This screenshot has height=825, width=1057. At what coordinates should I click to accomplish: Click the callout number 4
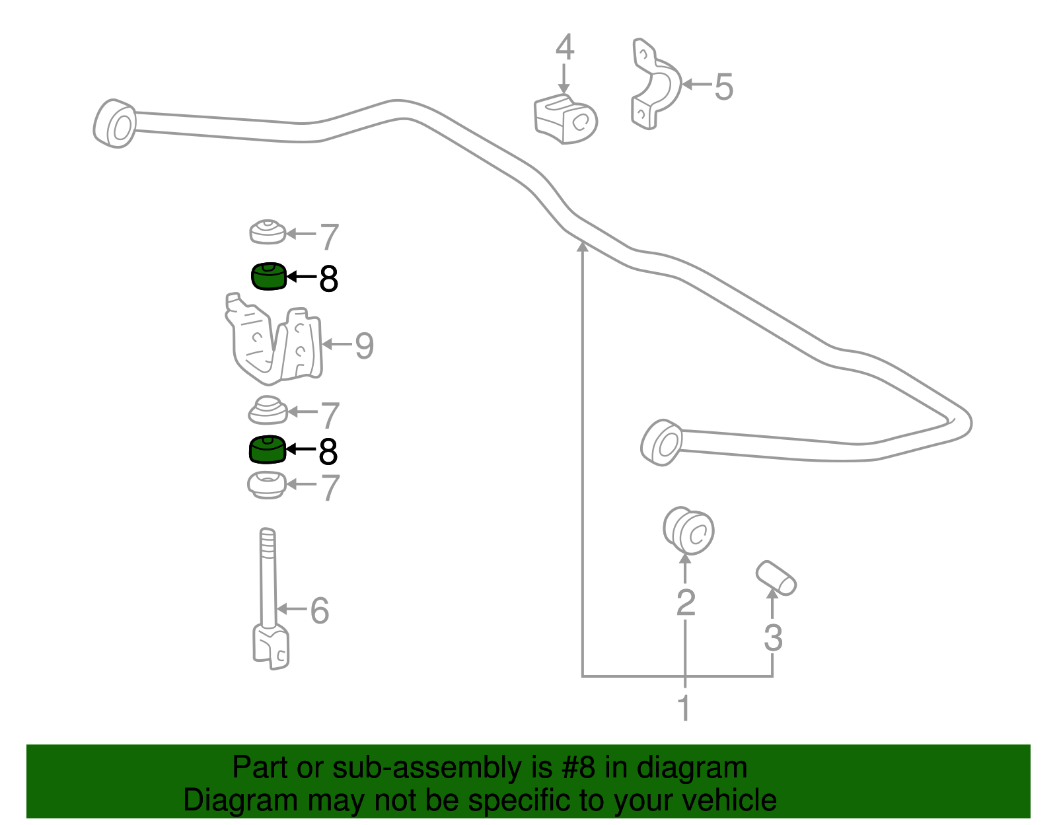click(564, 48)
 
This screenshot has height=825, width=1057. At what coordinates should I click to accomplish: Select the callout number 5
click(724, 87)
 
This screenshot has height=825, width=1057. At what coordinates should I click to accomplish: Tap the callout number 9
click(364, 345)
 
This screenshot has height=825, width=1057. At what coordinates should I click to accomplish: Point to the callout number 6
click(319, 610)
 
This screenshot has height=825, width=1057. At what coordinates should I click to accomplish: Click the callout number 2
click(686, 602)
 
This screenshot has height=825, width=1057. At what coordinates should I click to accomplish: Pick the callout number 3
click(773, 638)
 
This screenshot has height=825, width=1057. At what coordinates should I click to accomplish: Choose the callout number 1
click(684, 708)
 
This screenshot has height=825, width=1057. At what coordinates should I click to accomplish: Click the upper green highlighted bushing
click(268, 276)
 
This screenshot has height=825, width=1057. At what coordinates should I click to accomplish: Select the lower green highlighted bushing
click(267, 450)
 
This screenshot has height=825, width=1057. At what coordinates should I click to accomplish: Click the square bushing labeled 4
click(565, 120)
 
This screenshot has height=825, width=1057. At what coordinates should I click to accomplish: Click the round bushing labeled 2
click(688, 530)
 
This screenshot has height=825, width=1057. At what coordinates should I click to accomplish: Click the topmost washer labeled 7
click(267, 231)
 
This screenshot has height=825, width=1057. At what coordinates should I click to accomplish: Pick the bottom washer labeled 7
click(266, 485)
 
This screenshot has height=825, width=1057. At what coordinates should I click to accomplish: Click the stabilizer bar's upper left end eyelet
click(116, 124)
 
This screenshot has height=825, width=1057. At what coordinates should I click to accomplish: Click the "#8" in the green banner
click(578, 768)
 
